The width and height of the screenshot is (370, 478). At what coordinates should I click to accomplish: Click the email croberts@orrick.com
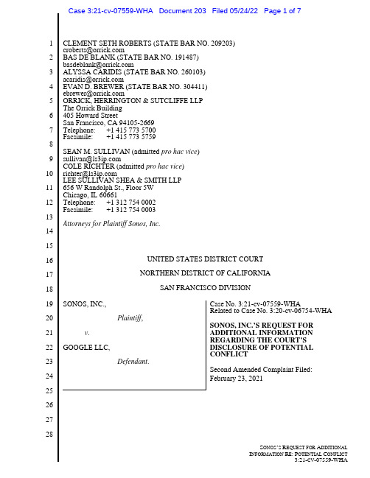point(94,50)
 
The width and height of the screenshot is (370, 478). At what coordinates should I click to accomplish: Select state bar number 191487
point(186,57)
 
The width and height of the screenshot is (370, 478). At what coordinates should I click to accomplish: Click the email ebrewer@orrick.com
point(94,94)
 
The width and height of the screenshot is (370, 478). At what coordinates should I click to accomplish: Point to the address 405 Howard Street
point(90,116)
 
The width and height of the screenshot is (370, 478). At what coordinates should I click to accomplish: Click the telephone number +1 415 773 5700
point(131,130)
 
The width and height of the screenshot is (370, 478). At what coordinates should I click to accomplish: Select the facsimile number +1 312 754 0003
point(131,210)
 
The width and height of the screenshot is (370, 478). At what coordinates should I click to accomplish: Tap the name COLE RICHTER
point(88,166)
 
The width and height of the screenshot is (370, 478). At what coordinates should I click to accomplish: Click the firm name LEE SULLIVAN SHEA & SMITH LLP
point(122,180)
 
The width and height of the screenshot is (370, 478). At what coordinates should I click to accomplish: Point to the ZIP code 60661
point(108,195)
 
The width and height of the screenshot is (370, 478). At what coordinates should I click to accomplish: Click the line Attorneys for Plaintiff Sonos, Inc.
point(111,224)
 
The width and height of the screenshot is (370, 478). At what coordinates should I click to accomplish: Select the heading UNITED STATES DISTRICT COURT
point(205,259)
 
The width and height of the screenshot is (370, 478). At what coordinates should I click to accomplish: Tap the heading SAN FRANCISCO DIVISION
point(205,288)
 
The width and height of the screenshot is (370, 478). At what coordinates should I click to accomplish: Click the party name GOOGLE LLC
point(86,348)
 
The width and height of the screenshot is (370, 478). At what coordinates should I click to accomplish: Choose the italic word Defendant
point(133,362)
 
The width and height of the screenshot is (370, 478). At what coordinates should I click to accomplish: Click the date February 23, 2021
point(236,379)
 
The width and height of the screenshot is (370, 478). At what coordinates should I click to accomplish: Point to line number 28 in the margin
point(49,435)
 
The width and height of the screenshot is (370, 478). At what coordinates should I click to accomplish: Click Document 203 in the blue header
point(182,11)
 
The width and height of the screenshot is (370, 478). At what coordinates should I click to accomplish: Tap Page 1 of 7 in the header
point(282,11)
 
